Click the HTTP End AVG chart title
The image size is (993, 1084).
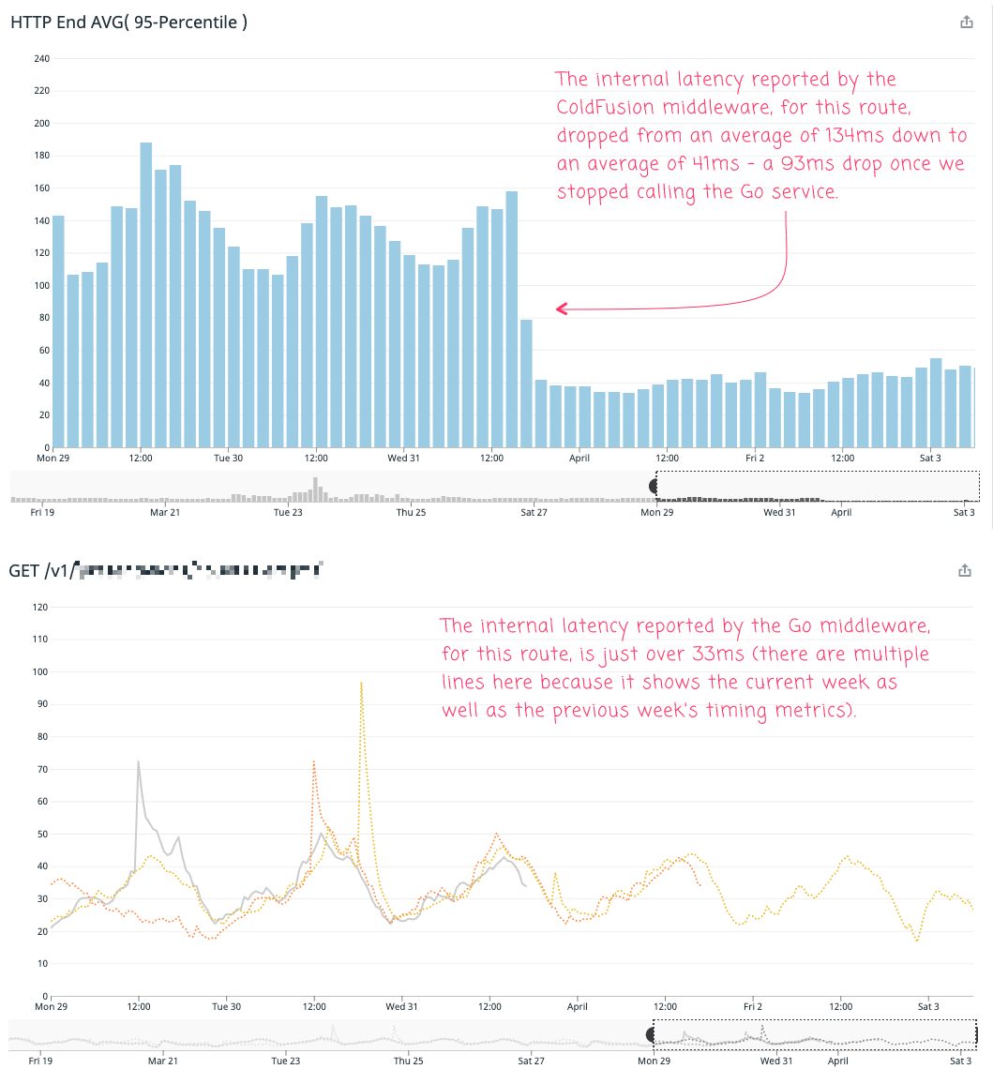[x=128, y=22]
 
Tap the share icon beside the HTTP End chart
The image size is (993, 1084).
[x=967, y=23]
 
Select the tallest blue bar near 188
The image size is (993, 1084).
[x=146, y=294]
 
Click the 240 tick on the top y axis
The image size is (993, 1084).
[x=41, y=58]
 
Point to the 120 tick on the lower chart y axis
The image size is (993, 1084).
[x=41, y=607]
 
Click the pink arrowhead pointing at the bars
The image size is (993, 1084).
[x=561, y=309]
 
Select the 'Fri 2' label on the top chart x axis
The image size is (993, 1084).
[x=756, y=459]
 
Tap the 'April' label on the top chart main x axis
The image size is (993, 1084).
[x=579, y=459]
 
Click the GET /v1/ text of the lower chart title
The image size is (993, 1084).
[x=40, y=570]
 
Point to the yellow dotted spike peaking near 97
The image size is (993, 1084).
[x=361, y=684]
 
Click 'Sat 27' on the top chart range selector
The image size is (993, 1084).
[x=534, y=512]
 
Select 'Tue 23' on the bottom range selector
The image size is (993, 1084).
[x=286, y=1061]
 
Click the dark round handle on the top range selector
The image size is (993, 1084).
[x=654, y=485]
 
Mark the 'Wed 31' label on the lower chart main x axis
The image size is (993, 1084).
[x=402, y=1007]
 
